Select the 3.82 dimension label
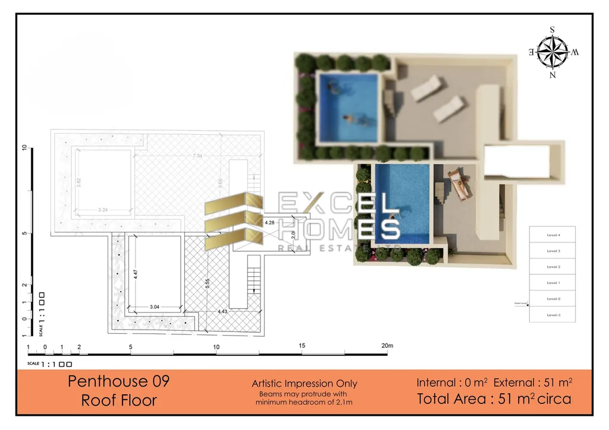(x=79, y=182)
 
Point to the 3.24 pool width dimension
(x=102, y=210)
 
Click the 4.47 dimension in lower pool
(x=136, y=274)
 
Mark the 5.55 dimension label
(x=207, y=284)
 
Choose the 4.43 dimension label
(x=222, y=311)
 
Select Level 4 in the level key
(x=553, y=235)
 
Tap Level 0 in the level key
(x=553, y=299)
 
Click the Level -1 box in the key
(x=553, y=314)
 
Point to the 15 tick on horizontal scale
(x=302, y=346)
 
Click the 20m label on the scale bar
(x=387, y=346)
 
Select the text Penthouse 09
(x=118, y=381)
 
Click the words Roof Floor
(x=119, y=400)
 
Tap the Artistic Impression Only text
(x=304, y=384)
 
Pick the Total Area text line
(x=494, y=399)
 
